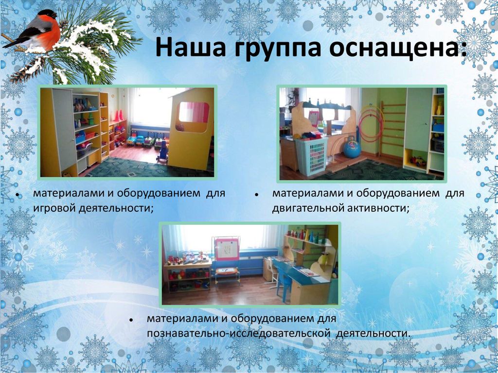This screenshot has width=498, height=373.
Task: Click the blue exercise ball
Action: click(x=352, y=148)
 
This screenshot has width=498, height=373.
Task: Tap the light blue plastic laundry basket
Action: click(x=311, y=157)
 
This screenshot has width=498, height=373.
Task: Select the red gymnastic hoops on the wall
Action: click(x=371, y=124)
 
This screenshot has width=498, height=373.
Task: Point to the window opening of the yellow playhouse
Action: click(x=194, y=113)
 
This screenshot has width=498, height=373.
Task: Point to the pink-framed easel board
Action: click(x=227, y=249)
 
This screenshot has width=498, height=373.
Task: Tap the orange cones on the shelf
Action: click(x=118, y=116)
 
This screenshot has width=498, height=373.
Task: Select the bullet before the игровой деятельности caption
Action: click(x=18, y=195)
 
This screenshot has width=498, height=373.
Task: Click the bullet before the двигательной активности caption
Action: click(x=256, y=195)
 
